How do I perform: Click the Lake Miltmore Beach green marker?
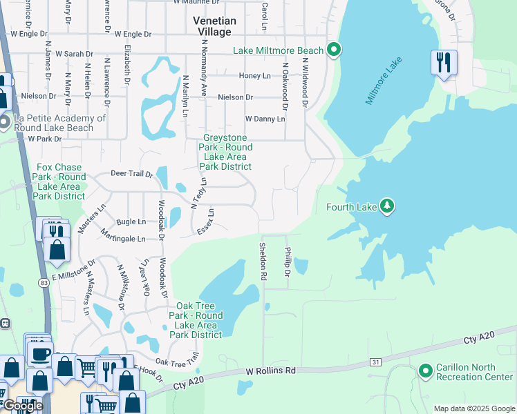pyautogui.click(x=334, y=50)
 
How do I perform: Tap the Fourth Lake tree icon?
pyautogui.click(x=388, y=206)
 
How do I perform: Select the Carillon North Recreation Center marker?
pyautogui.click(x=425, y=372)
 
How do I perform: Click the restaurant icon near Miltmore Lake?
pyautogui.click(x=443, y=63)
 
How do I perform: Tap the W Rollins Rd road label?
pyautogui.click(x=271, y=371)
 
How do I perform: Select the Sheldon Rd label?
pyautogui.click(x=263, y=261)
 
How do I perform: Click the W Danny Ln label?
pyautogui.click(x=265, y=119)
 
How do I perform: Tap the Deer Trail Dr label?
pyautogui.click(x=131, y=174)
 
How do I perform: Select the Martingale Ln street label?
pyautogui.click(x=122, y=239)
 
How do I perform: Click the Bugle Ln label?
pyautogui.click(x=131, y=221)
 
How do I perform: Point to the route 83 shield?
pyautogui.click(x=44, y=282)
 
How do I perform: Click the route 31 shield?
pyautogui.click(x=375, y=362)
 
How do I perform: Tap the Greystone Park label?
pyautogui.click(x=225, y=152)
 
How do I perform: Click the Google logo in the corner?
pyautogui.click(x=22, y=406)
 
